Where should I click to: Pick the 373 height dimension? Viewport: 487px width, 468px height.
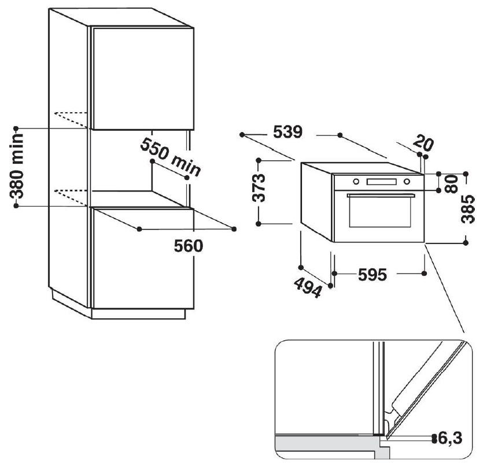pos(261,187)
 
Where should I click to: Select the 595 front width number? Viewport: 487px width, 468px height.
pos(371,275)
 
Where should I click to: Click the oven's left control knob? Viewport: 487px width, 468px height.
pos(356,181)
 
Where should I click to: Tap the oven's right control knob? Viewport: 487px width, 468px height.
pos(407,181)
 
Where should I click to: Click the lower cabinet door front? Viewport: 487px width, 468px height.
pos(142,260)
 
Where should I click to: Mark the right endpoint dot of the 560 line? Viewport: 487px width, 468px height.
pos(234,229)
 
